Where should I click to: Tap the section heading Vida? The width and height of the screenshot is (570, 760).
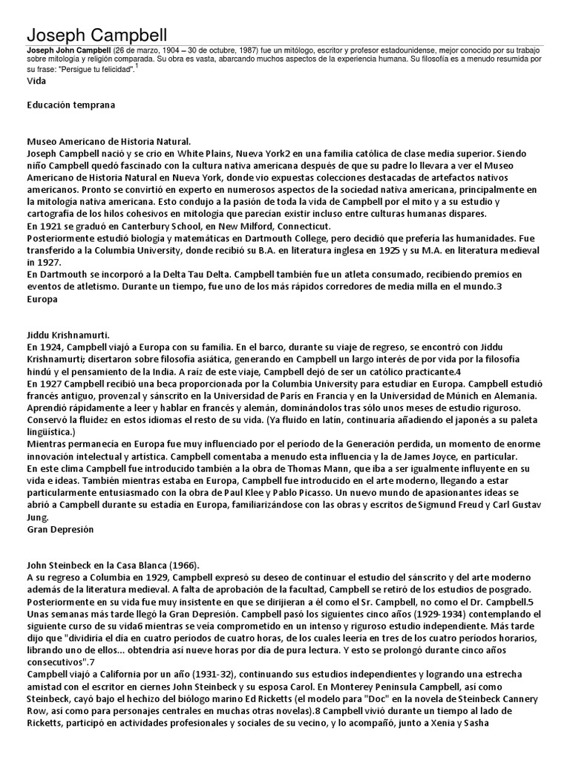pyautogui.click(x=36, y=80)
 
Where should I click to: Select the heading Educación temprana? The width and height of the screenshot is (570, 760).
pyautogui.click(x=71, y=105)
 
